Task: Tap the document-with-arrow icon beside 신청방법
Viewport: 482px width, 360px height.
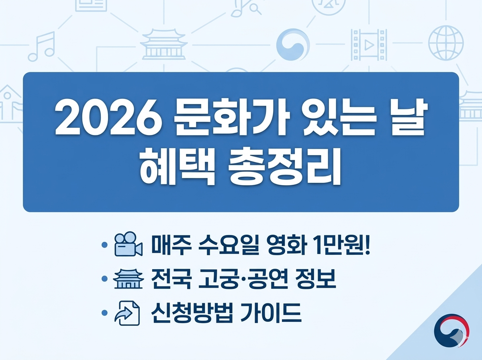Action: tap(127, 313)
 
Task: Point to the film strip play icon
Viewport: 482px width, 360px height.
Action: tap(369, 44)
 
